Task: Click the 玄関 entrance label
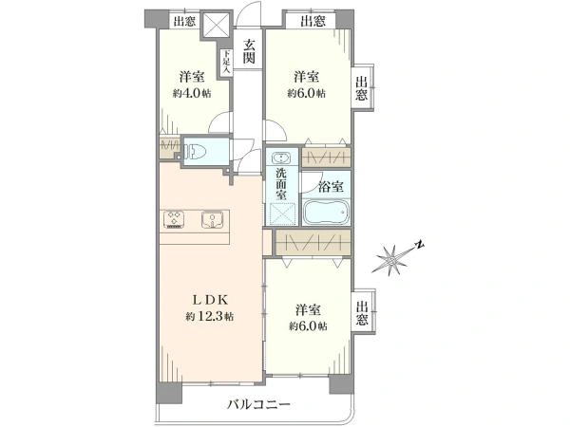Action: [249, 51]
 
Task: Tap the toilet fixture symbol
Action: [196, 151]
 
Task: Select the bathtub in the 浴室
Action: [326, 212]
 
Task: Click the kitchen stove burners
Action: [174, 220]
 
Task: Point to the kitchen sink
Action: [213, 220]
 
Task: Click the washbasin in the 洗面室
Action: [282, 158]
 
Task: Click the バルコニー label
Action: [258, 404]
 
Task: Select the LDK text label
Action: [210, 300]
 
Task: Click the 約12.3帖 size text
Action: [210, 316]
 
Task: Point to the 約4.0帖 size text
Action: [192, 93]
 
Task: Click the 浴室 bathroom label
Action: [331, 187]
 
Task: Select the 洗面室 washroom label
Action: [281, 184]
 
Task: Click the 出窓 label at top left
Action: [184, 21]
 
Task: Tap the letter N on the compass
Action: [420, 245]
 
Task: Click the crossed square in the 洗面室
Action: [283, 214]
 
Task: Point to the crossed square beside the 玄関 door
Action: [217, 26]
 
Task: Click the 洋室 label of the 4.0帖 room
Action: [192, 77]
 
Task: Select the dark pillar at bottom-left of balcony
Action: [169, 393]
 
